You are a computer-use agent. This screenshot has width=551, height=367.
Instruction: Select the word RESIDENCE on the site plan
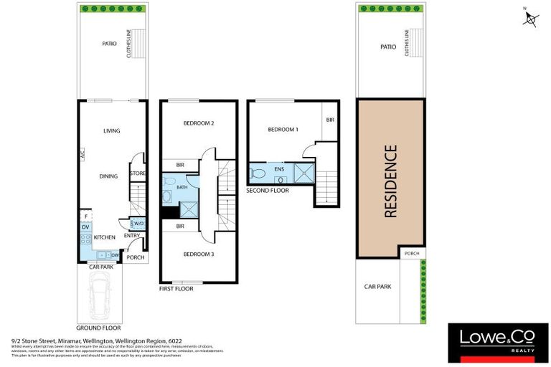pos(391,181)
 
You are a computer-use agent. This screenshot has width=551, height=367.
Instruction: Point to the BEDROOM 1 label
pos(283,130)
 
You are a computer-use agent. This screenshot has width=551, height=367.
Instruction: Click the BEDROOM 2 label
pos(199,123)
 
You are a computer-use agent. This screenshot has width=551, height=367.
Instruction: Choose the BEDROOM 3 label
pos(199,254)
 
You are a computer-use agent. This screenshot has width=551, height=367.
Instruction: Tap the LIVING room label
pos(111,131)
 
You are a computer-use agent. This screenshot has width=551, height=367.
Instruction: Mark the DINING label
pos(108,176)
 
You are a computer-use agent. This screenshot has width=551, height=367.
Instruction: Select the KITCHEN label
pos(105,237)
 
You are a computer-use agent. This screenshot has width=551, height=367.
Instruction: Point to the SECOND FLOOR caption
pos(267,191)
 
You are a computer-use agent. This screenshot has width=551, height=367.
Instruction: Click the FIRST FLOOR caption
pos(176,289)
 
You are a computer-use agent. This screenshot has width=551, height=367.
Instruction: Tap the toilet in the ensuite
pos(257,173)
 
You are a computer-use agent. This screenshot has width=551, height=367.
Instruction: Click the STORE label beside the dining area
pos(138,173)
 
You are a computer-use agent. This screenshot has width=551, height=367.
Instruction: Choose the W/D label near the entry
pos(138,224)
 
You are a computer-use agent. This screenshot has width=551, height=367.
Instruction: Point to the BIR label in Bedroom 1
pos(330,120)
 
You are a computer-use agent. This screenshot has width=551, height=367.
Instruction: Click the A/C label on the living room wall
pos(83,154)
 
